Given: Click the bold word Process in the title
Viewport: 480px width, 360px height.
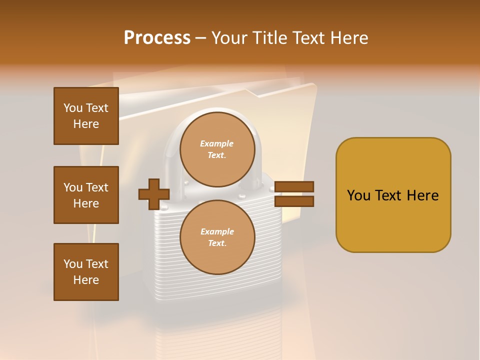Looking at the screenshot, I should click(157, 38).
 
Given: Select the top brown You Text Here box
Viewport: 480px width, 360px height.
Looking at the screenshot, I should click(86, 116).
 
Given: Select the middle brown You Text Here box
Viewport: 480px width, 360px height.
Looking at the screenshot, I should click(86, 195).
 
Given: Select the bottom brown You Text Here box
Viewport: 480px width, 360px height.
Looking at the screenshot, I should click(86, 272).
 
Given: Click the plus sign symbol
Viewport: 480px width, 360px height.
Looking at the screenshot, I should click(154, 194).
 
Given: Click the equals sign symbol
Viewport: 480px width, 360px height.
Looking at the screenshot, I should click(294, 194).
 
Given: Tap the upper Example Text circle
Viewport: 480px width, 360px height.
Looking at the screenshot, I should click(217, 149).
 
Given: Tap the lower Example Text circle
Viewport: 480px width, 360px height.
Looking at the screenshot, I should click(217, 237).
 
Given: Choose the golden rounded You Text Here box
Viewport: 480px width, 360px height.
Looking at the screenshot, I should click(393, 195).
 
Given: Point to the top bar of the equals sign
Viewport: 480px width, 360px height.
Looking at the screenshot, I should click(294, 187).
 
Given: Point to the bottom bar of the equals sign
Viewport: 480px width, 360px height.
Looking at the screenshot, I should click(294, 201).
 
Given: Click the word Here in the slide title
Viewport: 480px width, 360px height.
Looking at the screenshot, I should click(349, 38).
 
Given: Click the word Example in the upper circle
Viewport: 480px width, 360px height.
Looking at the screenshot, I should click(217, 143).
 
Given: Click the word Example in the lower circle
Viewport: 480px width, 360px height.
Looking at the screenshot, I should click(217, 231).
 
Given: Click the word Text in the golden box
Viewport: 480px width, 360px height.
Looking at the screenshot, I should click(390, 195).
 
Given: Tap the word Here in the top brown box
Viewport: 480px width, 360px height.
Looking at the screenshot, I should click(86, 124).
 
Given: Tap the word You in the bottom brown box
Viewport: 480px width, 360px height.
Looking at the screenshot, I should click(72, 264).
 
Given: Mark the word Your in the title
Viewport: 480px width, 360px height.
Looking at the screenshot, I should click(230, 38).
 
